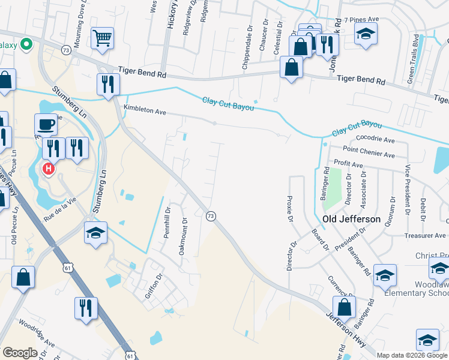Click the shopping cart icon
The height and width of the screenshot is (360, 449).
click(102, 38)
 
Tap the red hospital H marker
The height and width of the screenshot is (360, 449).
click(49, 169)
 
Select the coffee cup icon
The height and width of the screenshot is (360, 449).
click(47, 125)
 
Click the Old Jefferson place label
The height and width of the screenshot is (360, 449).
click(351, 219)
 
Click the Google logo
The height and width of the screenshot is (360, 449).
click(20, 352)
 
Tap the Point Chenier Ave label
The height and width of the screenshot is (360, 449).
click(369, 151)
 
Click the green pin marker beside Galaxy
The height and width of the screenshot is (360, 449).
click(26, 44)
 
